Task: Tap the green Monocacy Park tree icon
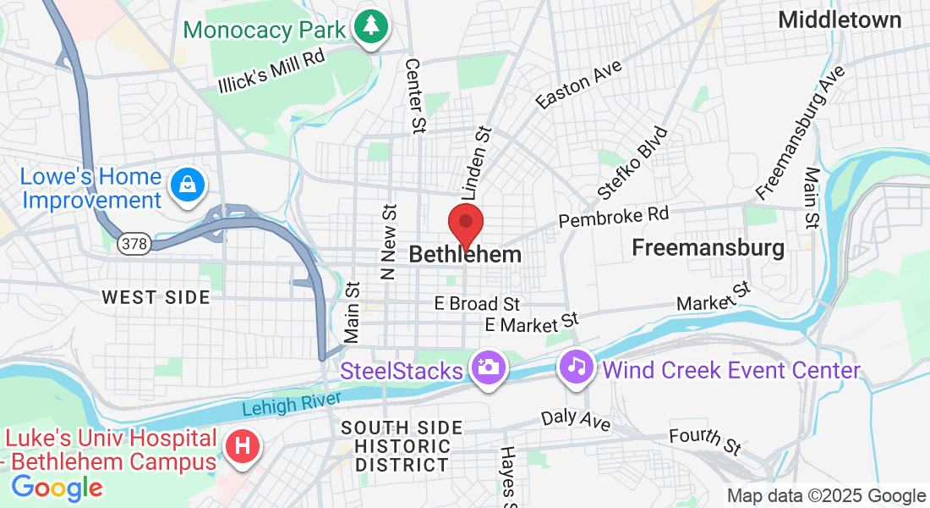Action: [x=370, y=27]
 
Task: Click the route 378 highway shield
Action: [x=133, y=244]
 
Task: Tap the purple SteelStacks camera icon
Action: [x=488, y=368]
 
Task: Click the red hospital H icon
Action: [x=242, y=445]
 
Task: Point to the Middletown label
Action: [x=840, y=19]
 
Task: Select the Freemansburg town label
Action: [x=708, y=248]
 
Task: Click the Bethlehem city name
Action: [x=465, y=254]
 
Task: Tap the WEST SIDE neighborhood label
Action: [x=156, y=297]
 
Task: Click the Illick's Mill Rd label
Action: [x=271, y=72]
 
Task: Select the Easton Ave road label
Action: [x=578, y=85]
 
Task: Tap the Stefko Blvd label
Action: [x=632, y=163]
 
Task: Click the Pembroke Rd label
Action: [x=613, y=217]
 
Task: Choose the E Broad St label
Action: [x=477, y=303]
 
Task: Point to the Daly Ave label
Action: [x=576, y=417]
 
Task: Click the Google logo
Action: [x=57, y=487]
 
